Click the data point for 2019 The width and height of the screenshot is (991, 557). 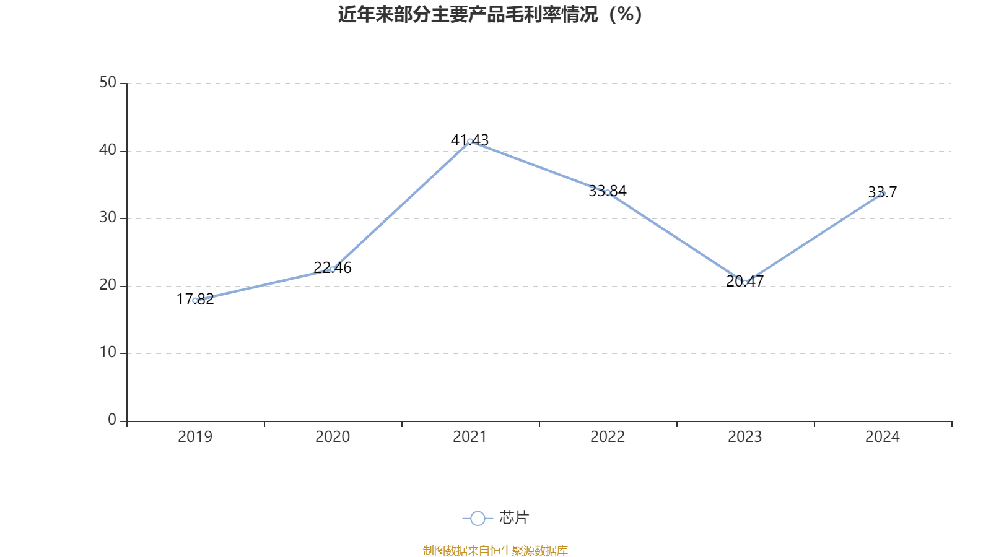pos(195,301)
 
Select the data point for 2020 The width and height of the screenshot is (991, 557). pos(333,269)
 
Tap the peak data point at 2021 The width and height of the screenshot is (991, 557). pos(470,141)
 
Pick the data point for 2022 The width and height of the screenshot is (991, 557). pos(608,192)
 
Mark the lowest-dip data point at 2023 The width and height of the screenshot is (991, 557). pos(745,283)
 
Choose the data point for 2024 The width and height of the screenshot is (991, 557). pos(883,194)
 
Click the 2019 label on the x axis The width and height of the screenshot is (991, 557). pos(195,437)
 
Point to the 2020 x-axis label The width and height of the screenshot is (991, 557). pos(333,437)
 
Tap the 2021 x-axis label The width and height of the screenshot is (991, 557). pos(470,437)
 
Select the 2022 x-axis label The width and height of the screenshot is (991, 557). pos(608,437)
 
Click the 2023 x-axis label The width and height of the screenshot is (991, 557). pos(745,437)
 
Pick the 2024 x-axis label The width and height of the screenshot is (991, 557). pos(883,437)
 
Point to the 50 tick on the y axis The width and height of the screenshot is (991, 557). pos(108,83)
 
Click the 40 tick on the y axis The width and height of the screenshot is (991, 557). pos(108,150)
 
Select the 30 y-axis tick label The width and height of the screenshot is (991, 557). pos(108,218)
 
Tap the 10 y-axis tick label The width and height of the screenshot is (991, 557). pos(108,353)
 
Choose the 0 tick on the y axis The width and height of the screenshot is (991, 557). pos(112,420)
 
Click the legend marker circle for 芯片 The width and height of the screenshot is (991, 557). pos(478,518)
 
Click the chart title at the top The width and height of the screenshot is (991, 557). pos(491,14)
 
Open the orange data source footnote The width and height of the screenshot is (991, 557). pos(495,550)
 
